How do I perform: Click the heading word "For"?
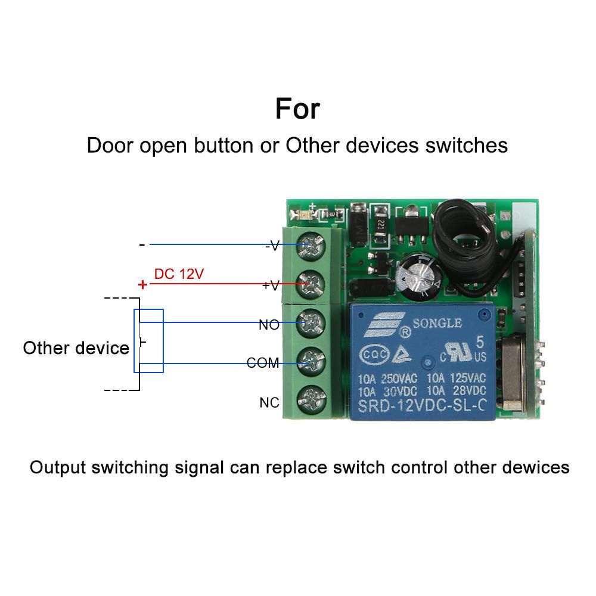[297, 109]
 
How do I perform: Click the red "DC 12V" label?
[179, 274]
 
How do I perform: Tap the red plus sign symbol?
[142, 285]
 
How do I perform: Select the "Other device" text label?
[76, 348]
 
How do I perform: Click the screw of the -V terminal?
[311, 244]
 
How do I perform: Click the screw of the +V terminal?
[311, 284]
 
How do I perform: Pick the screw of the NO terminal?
[311, 323]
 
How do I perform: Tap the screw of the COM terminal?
[311, 361]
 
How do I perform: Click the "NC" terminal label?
[269, 403]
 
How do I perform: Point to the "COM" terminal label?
[263, 363]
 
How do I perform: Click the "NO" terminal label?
[269, 325]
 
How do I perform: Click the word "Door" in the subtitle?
[110, 145]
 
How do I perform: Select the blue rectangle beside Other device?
[148, 341]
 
